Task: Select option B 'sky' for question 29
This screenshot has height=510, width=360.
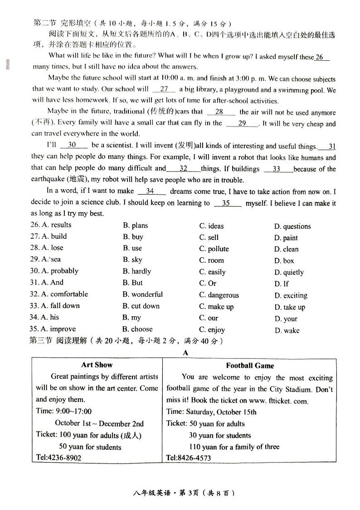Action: [x=132, y=260]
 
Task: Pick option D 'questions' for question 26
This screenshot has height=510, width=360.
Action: [x=292, y=226]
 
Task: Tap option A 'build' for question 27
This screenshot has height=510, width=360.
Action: [x=54, y=236]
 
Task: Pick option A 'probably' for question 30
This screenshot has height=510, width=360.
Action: [x=60, y=271]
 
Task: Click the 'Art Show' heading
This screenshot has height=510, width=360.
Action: [x=97, y=365]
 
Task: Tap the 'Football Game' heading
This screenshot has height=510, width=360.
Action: [x=250, y=365]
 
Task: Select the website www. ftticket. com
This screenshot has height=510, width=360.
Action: [x=278, y=401]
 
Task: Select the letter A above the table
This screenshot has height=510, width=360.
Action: [x=185, y=352]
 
